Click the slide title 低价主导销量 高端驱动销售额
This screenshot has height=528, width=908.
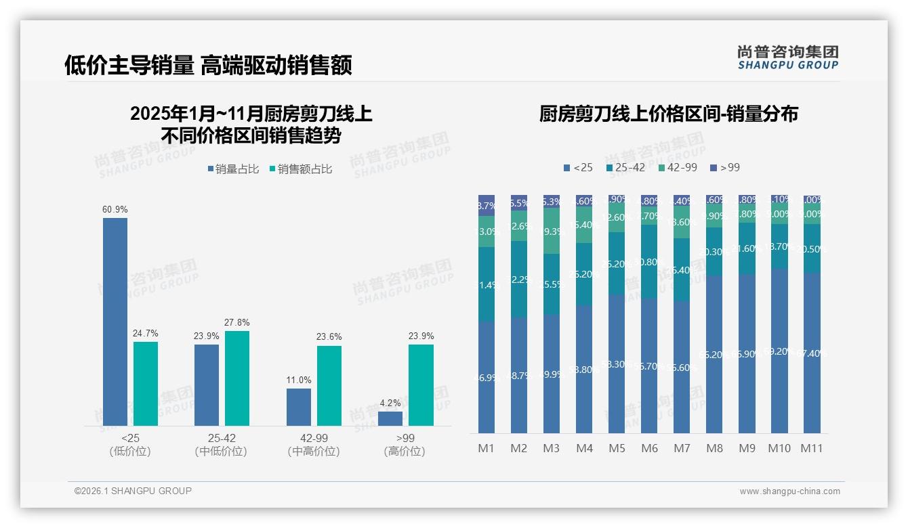[x=208, y=65]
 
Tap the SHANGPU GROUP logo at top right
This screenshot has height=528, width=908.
[x=787, y=58]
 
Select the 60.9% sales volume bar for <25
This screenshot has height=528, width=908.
[x=115, y=322]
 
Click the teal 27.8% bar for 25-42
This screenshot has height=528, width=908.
[x=237, y=378]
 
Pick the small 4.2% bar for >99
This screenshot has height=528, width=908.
[x=390, y=418]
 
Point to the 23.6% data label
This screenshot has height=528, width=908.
[x=329, y=337]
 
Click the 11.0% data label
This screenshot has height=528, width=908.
[x=299, y=380]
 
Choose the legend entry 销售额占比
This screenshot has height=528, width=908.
[x=300, y=169]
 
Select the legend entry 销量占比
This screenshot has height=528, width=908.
[x=233, y=169]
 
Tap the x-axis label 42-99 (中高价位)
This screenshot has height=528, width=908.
[x=313, y=445]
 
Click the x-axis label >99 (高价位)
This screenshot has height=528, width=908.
[x=405, y=445]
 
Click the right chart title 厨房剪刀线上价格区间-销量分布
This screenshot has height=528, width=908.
[x=668, y=114]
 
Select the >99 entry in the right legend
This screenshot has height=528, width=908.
[x=724, y=167]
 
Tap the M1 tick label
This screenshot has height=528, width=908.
[x=486, y=448]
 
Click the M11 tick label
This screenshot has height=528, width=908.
[x=811, y=448]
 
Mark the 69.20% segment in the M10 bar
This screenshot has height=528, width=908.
[x=779, y=351]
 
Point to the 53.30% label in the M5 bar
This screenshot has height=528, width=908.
[x=617, y=364]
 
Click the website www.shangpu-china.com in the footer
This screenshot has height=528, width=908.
[x=789, y=491]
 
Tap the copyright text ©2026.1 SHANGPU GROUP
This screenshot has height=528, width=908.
[x=133, y=491]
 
